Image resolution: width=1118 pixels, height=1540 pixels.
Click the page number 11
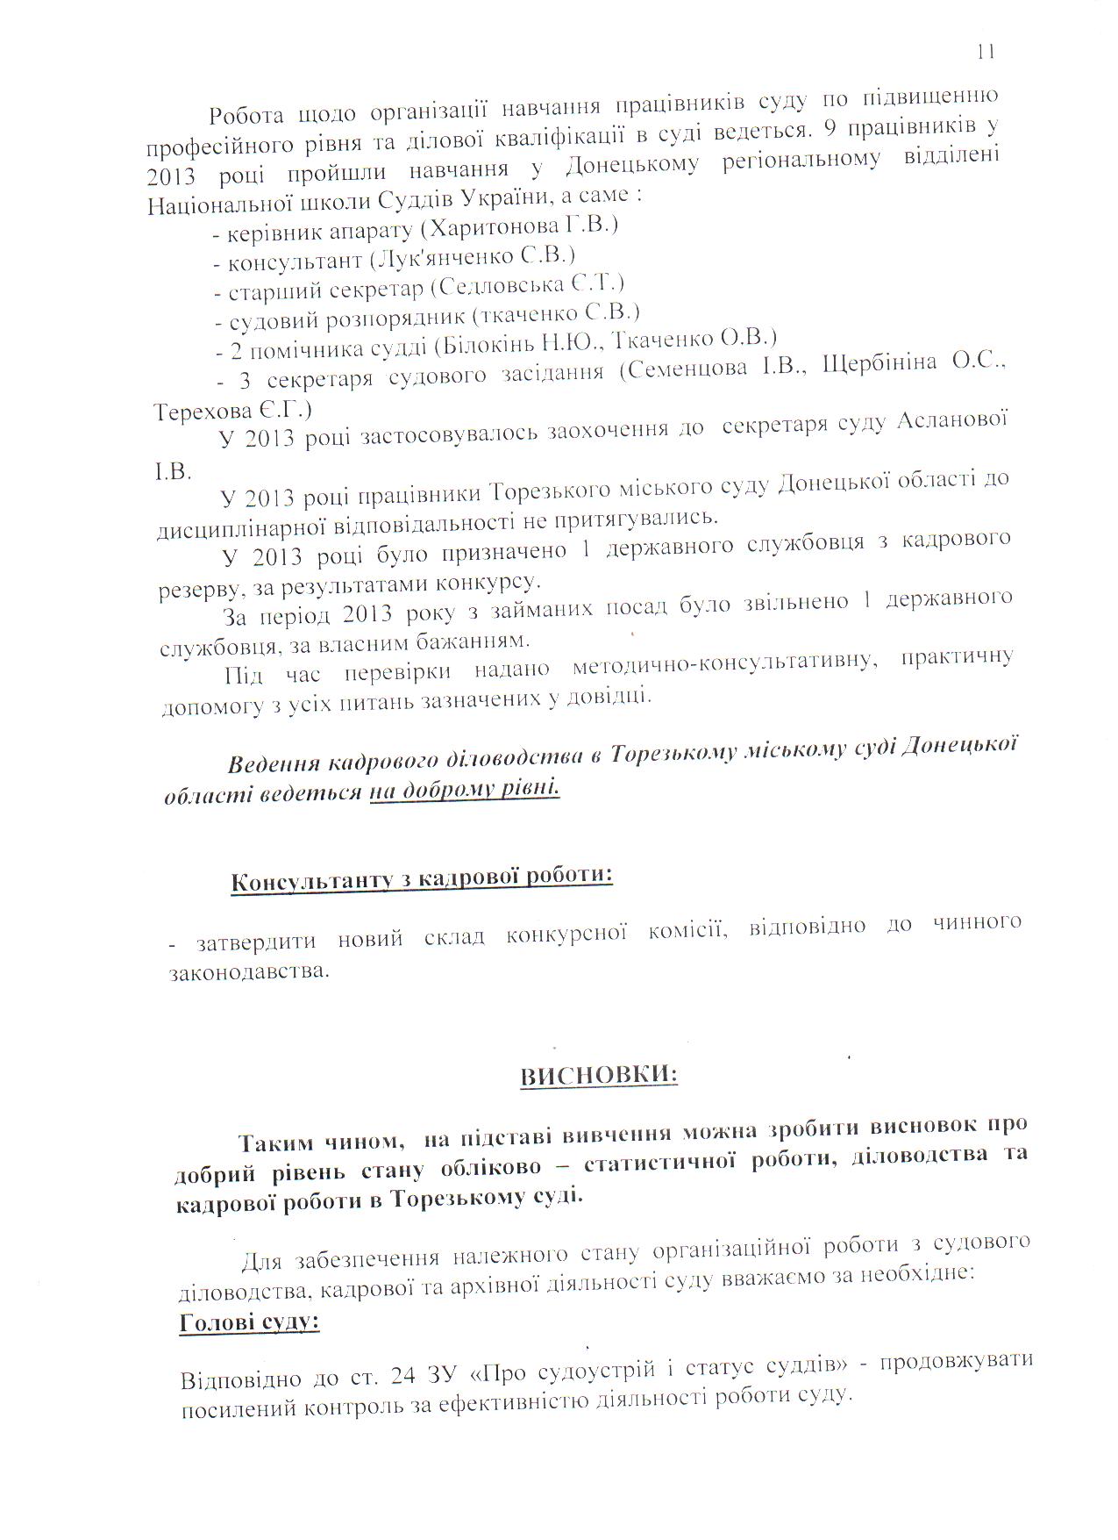(985, 52)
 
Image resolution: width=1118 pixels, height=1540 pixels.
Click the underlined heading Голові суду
(249, 1322)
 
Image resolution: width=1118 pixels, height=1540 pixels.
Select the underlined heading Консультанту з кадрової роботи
(421, 878)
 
